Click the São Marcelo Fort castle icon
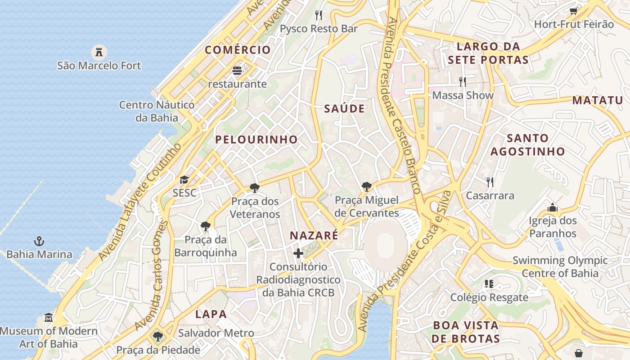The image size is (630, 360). tap(99, 52)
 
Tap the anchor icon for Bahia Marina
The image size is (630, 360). tap(39, 241)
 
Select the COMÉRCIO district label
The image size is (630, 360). tap(238, 50)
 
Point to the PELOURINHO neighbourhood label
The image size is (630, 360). tap(256, 139)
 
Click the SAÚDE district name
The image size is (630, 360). tap(345, 109)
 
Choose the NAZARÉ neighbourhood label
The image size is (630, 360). tap(314, 235)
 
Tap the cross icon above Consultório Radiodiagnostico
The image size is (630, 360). tap(298, 254)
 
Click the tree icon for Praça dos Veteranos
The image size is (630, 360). tap(255, 188)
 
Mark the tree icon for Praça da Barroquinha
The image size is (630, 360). tap(206, 226)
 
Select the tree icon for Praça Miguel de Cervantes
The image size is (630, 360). tap(367, 187)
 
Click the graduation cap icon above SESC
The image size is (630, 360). tap(184, 180)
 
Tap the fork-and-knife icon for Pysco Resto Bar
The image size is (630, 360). tap(319, 15)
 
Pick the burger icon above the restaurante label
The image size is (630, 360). tap(237, 71)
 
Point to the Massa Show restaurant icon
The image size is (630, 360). tap(463, 82)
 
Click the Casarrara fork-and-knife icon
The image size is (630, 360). tap(490, 182)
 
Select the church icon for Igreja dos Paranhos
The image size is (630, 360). tap(552, 207)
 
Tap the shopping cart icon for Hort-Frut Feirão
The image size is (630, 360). tap(574, 11)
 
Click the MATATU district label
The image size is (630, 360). tap(598, 100)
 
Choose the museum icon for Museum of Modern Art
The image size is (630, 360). tap(49, 318)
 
